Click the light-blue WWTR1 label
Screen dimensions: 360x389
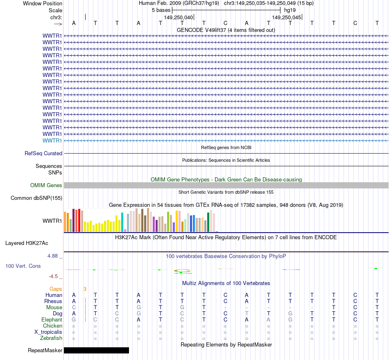52,140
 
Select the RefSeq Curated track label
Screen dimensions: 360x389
43,154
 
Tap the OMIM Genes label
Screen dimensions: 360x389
46,186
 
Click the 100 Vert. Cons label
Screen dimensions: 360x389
23,266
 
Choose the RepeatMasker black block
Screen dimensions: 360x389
96,350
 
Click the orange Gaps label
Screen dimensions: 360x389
56,289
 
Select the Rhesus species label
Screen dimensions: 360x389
53,301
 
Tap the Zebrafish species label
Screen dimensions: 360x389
51,338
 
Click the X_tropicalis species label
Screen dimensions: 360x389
48,332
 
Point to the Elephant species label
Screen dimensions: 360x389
52,320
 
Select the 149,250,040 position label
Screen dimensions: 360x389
178,18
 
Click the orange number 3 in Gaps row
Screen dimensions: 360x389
85,289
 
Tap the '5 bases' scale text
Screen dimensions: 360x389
161,10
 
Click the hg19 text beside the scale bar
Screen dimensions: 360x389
290,10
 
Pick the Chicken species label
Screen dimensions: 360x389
53,326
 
